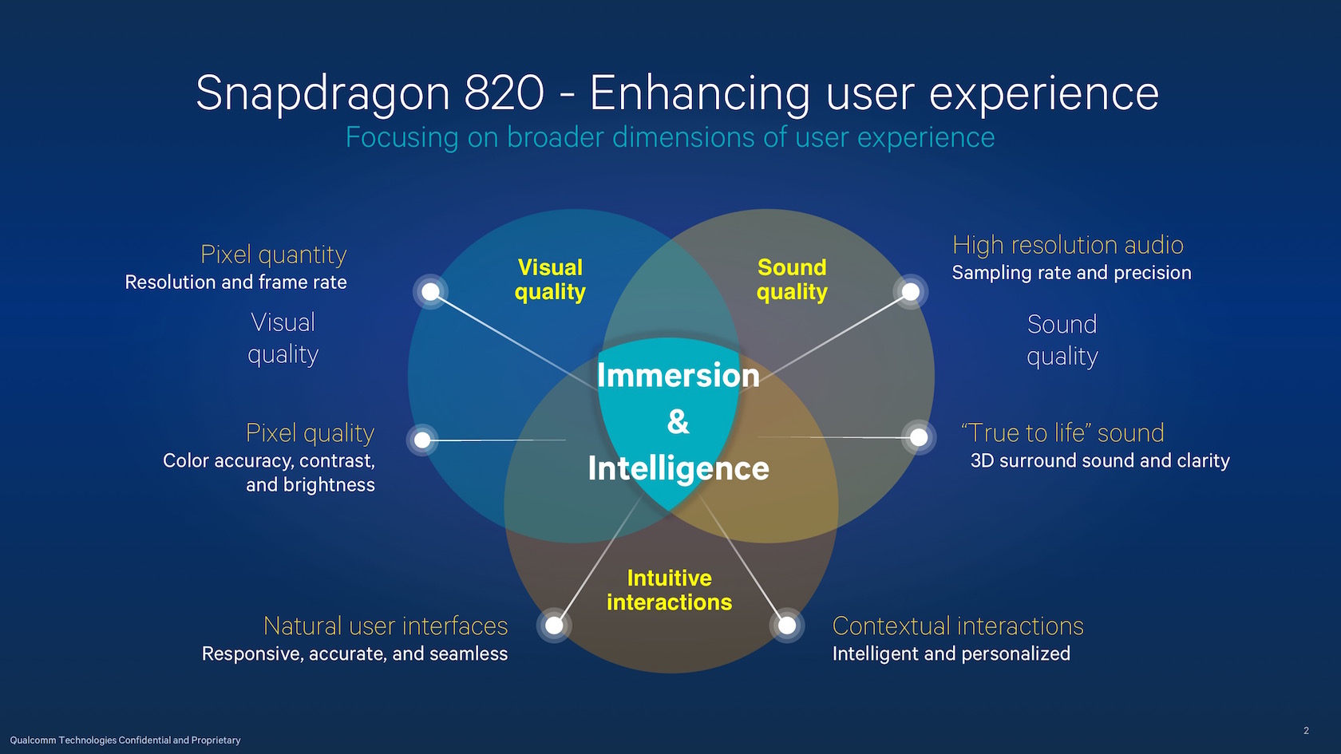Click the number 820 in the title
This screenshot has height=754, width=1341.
coord(504,93)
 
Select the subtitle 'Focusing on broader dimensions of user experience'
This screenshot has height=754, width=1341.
coord(670,137)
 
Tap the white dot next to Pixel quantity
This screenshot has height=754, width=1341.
coord(430,292)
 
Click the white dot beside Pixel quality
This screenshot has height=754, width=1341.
coord(423,440)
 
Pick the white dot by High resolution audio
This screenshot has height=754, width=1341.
coord(911,292)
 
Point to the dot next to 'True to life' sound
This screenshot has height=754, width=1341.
coord(919,437)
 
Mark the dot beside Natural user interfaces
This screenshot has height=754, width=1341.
coord(554,626)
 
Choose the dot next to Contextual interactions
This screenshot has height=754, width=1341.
coord(787,626)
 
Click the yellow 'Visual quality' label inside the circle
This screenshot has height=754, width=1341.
coord(550,279)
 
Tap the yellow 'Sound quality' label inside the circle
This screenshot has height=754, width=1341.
coord(792,279)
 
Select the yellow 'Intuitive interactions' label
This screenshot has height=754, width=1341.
coord(669,590)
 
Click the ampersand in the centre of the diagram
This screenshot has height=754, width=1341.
coord(678,422)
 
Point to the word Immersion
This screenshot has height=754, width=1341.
coord(678,376)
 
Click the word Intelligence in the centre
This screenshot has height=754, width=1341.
coord(678,468)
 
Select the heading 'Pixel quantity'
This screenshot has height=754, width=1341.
coord(274,255)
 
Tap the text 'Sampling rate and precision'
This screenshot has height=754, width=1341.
coord(1071,273)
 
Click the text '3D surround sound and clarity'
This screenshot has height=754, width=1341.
coord(1100,461)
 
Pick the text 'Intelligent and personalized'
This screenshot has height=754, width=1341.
coord(951,654)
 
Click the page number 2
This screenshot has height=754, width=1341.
coord(1306,731)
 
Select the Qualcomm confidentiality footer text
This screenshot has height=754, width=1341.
coord(125,740)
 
